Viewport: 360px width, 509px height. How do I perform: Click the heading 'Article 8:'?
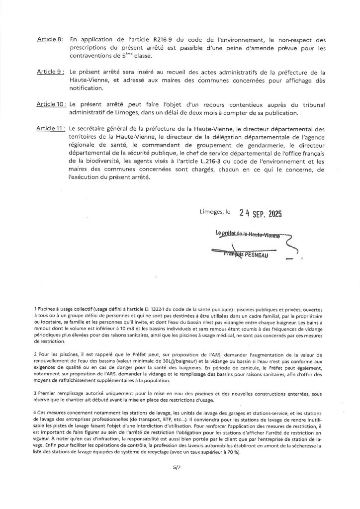50,40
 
